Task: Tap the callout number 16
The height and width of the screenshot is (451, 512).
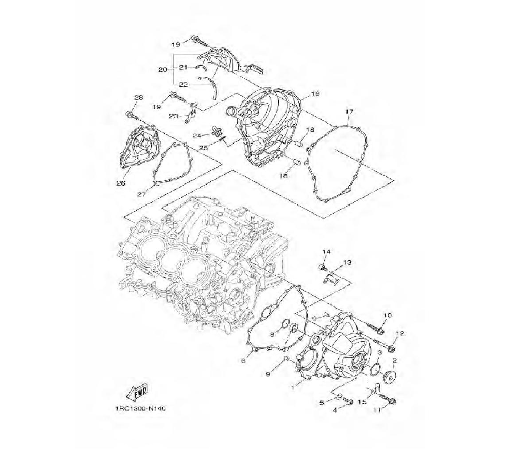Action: click(315, 94)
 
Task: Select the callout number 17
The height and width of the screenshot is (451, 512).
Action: click(349, 112)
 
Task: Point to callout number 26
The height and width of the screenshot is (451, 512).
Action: click(121, 183)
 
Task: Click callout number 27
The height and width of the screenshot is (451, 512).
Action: click(141, 194)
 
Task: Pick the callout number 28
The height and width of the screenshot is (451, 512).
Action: click(138, 97)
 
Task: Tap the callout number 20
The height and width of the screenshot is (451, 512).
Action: click(163, 70)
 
